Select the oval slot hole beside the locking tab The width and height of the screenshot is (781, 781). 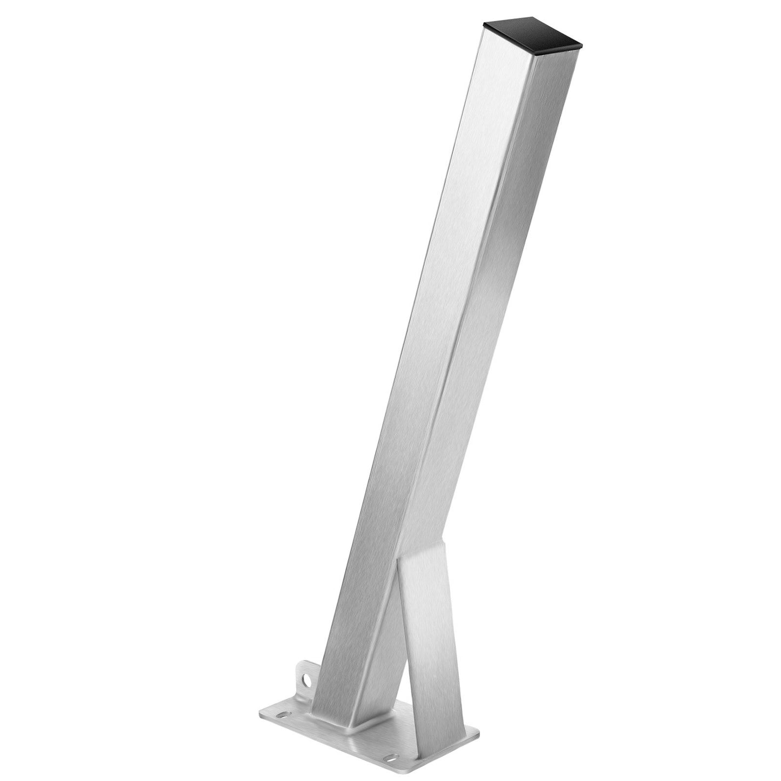click(283, 715)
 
